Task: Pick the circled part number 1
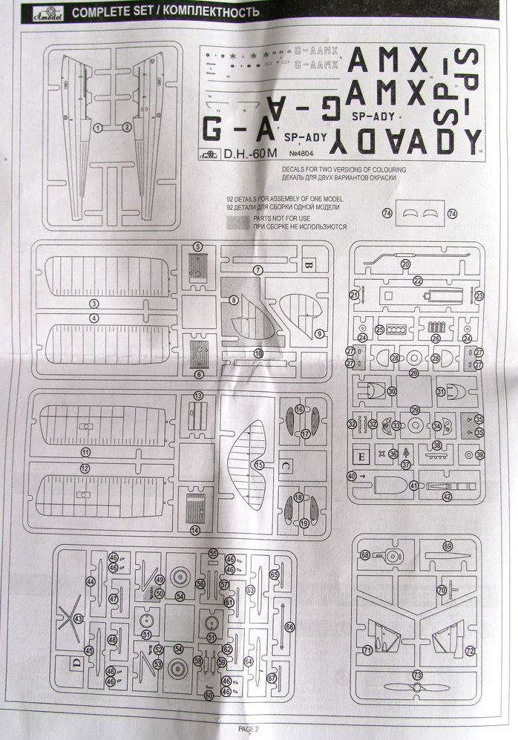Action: click(98, 128)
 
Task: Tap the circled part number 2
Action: click(128, 128)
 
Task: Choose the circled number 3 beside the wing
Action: click(94, 304)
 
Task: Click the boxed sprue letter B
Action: click(309, 264)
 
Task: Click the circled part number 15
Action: click(258, 465)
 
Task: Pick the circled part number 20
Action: click(406, 263)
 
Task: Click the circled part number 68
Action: click(365, 554)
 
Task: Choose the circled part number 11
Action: click(85, 451)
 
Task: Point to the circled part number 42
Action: click(447, 497)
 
